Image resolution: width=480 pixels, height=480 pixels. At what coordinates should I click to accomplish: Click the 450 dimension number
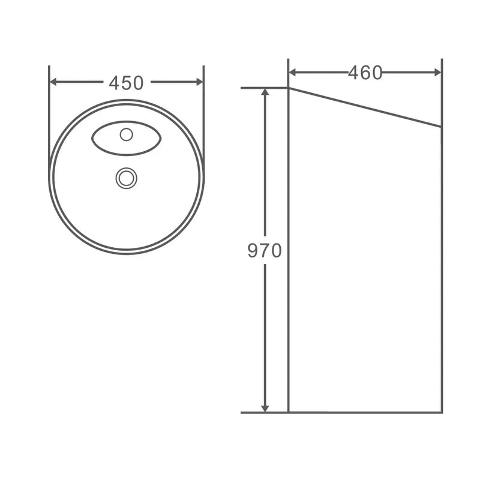(x=126, y=83)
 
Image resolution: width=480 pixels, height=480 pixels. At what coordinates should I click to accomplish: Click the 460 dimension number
(x=365, y=73)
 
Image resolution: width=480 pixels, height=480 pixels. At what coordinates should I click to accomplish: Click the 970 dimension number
(x=265, y=250)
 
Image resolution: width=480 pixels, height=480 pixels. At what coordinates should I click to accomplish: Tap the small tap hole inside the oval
(x=126, y=134)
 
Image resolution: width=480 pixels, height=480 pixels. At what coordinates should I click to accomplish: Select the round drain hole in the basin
(x=126, y=177)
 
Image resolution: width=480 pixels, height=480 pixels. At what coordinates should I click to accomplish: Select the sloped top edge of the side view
(x=365, y=107)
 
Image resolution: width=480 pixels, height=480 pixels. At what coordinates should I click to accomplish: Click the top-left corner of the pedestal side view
(x=289, y=88)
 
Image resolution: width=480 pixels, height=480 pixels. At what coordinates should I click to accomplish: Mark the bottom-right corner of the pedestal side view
(x=442, y=412)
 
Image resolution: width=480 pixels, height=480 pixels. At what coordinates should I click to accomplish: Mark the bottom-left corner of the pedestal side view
(x=289, y=412)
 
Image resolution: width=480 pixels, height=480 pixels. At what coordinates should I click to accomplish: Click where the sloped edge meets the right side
(x=442, y=127)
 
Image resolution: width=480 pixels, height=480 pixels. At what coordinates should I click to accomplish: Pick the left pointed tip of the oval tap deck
(x=92, y=139)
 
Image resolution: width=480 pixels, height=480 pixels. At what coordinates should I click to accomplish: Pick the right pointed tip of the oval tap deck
(x=161, y=139)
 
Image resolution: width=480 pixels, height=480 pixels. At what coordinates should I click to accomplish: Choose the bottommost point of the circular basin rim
(x=127, y=253)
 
